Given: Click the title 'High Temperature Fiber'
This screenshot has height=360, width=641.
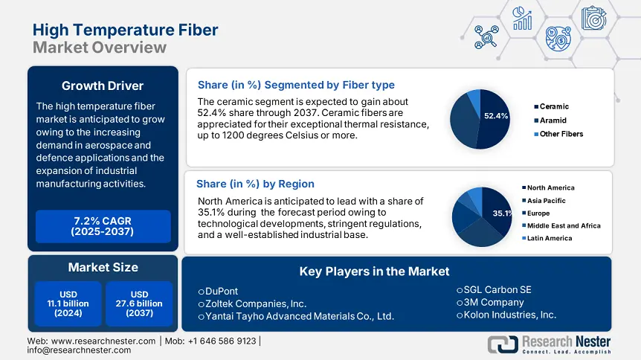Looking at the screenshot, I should (x=126, y=30).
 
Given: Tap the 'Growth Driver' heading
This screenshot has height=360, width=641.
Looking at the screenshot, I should (x=103, y=85).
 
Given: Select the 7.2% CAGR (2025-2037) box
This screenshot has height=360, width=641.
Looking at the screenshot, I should (x=103, y=226).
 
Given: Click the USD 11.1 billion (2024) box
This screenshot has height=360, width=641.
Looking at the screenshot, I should (x=68, y=303).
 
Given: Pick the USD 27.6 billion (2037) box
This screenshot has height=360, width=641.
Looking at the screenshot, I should (x=139, y=303).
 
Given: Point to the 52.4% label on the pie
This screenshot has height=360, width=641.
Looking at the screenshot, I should (x=495, y=116).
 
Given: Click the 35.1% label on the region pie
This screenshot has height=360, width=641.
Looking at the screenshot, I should (x=503, y=213).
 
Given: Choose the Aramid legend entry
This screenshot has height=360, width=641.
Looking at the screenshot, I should (x=553, y=120).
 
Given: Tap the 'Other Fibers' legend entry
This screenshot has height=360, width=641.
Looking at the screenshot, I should (x=561, y=134).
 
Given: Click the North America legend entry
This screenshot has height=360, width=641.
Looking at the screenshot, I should (x=550, y=188).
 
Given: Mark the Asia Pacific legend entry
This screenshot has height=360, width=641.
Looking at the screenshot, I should (x=546, y=201).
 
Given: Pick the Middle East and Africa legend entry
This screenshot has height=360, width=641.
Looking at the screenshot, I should (x=563, y=225).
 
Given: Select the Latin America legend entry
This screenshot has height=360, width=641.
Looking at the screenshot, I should (x=550, y=238).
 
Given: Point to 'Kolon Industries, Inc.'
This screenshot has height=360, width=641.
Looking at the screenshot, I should (x=509, y=315).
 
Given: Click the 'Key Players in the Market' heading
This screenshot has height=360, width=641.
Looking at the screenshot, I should (x=374, y=271).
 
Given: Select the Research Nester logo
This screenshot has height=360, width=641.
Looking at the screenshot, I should (x=549, y=344).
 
